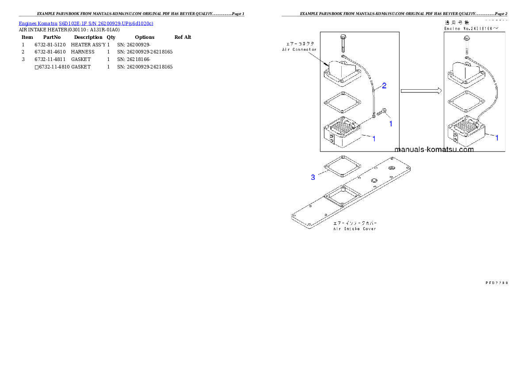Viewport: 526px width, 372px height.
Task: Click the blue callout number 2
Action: tap(384, 86)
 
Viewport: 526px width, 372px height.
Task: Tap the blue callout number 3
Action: tap(313, 177)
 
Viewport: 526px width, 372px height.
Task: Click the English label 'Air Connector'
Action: tap(299, 49)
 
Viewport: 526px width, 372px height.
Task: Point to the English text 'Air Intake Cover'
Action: tap(354, 229)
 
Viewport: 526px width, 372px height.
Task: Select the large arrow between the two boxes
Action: tap(421, 91)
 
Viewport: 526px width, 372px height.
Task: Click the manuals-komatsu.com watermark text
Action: tap(434, 149)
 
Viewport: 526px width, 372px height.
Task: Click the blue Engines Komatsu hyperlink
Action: tap(86, 23)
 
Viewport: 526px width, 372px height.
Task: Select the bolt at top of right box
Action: tap(467, 45)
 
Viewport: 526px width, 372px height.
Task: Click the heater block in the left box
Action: tap(343, 133)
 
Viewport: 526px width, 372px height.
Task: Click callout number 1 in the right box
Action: tap(497, 138)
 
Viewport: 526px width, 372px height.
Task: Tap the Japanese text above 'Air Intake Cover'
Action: tap(354, 223)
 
